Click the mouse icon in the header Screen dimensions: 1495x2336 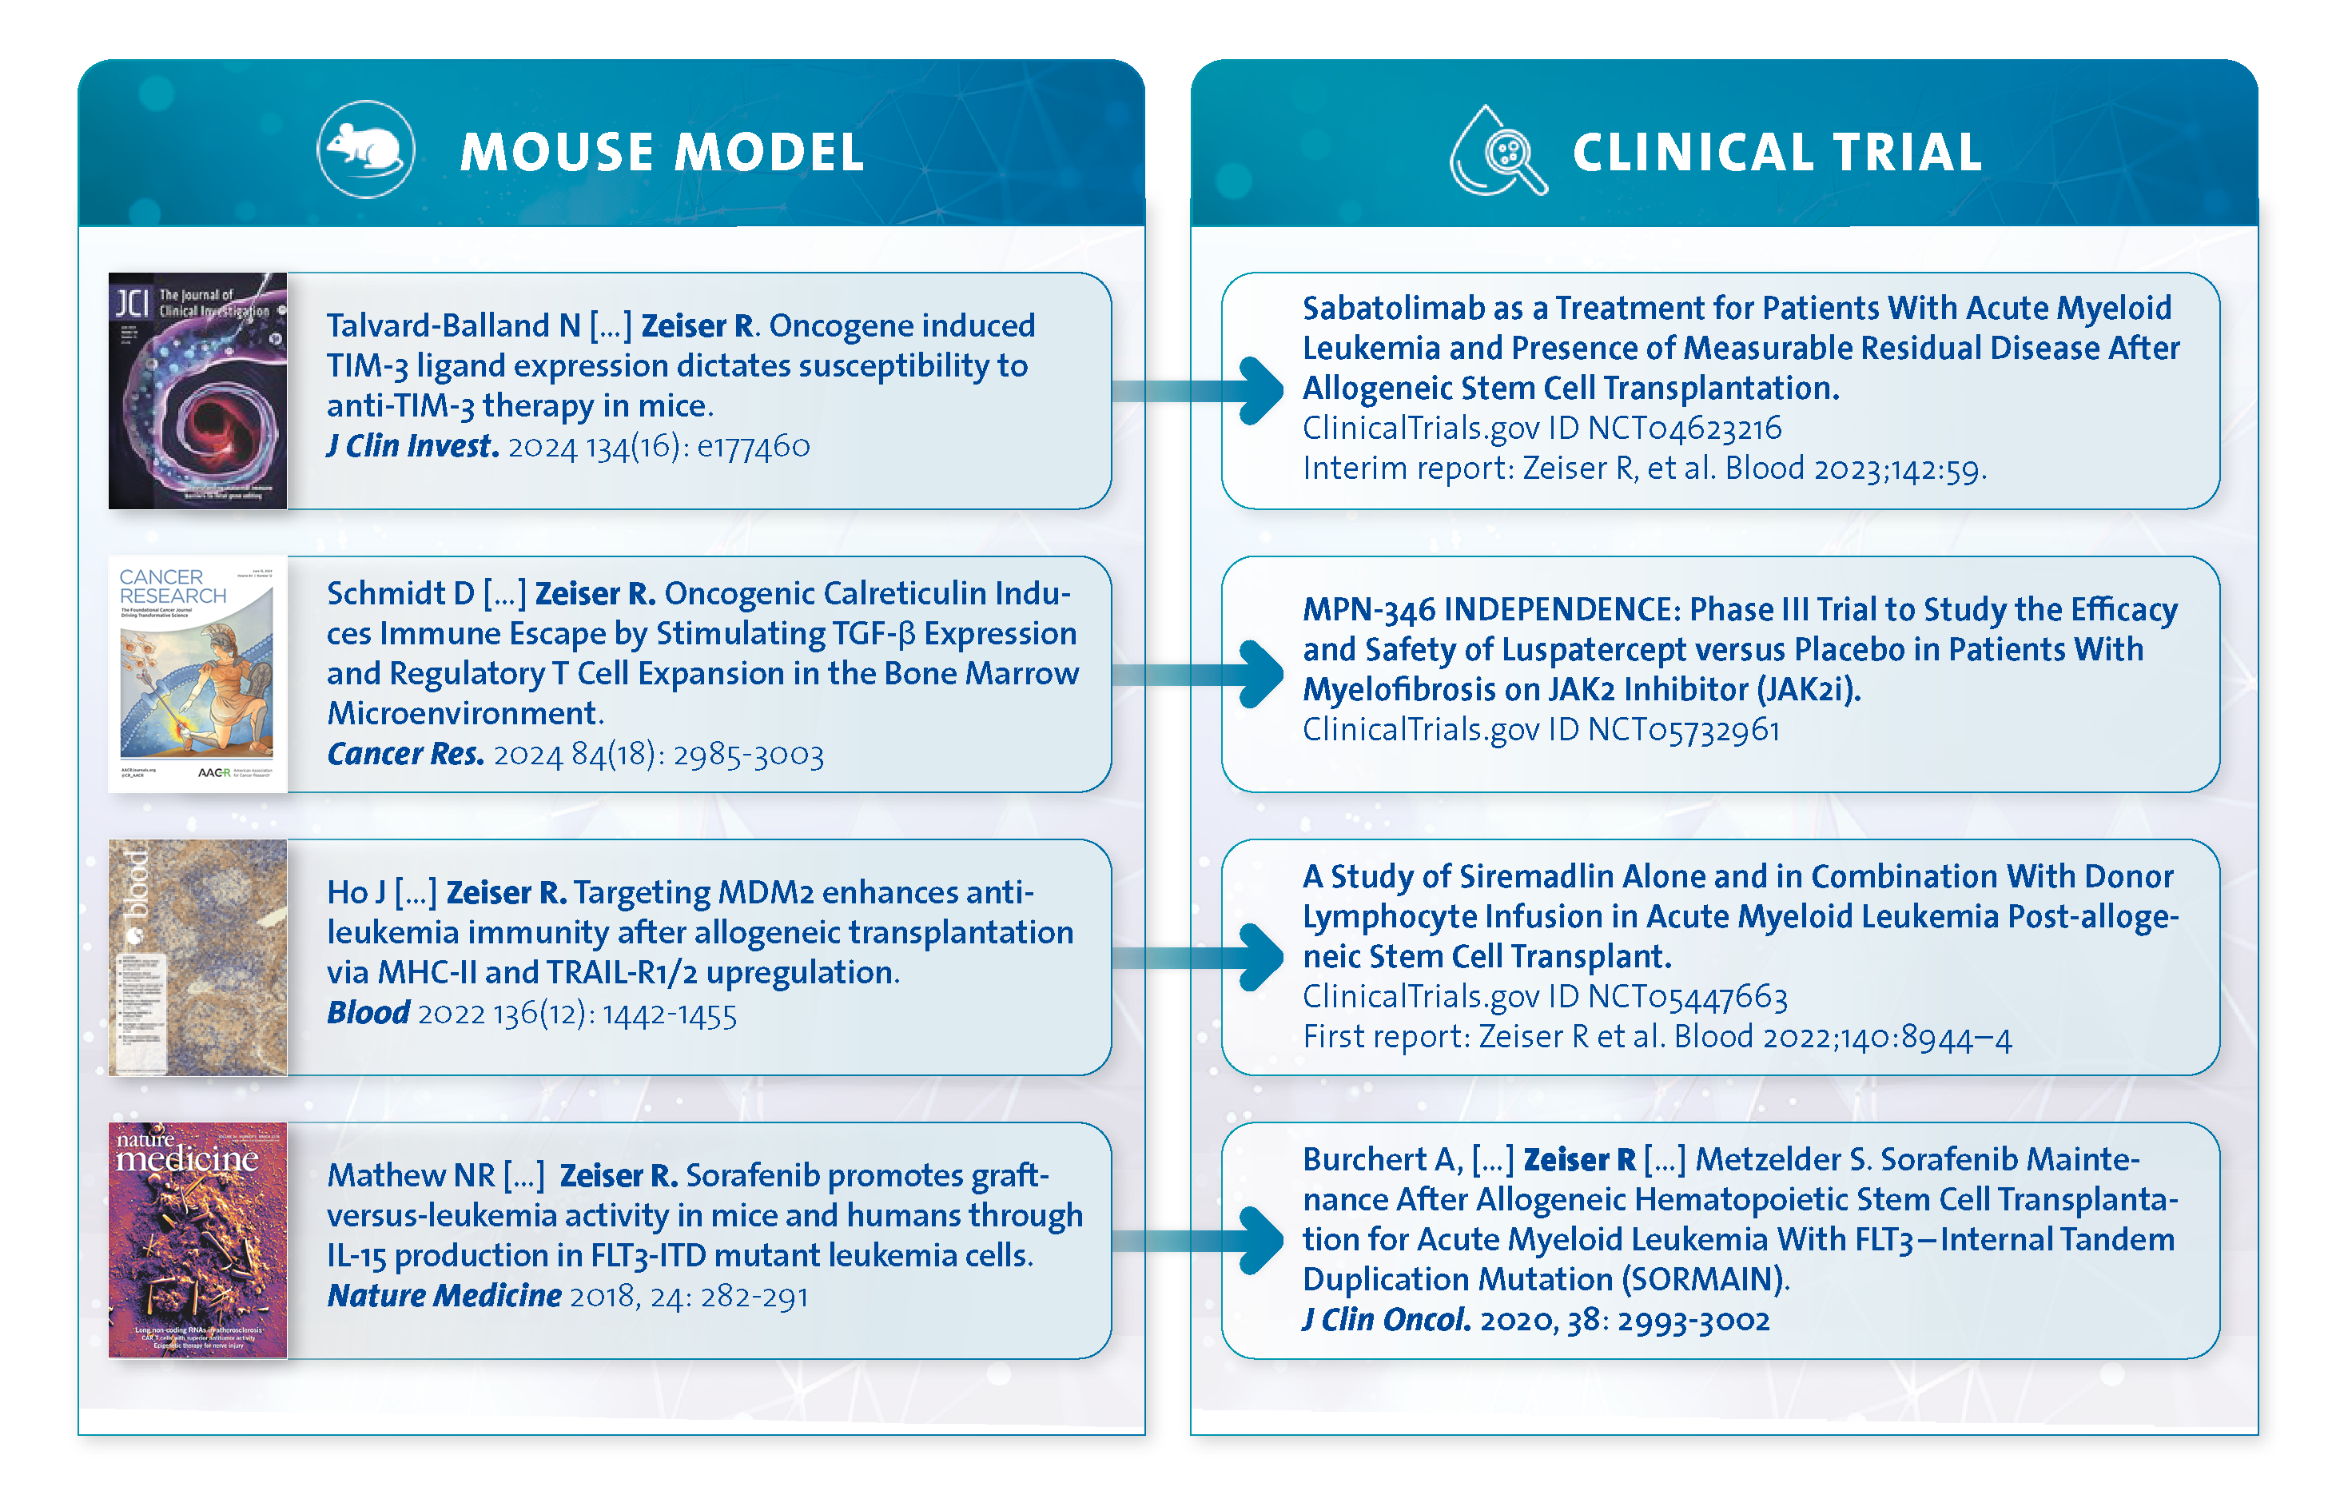tap(365, 149)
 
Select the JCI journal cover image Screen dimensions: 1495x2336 tap(198, 391)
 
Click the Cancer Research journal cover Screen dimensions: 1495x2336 tap(198, 674)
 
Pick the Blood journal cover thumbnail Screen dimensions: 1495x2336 tap(198, 957)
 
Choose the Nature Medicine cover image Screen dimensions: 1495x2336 tap(198, 1240)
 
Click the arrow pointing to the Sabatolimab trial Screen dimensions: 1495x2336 tap(1260, 390)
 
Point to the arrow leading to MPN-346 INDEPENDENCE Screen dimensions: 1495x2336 tap(1260, 674)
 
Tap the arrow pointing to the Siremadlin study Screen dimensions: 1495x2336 tap(1260, 957)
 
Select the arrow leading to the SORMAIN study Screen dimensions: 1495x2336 tap(1260, 1240)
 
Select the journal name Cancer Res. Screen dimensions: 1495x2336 tap(406, 755)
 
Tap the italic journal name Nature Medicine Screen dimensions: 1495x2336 tap(444, 1296)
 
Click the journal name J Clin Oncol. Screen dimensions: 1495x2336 tap(1386, 1320)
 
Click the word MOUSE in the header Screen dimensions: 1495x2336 tap(556, 153)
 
